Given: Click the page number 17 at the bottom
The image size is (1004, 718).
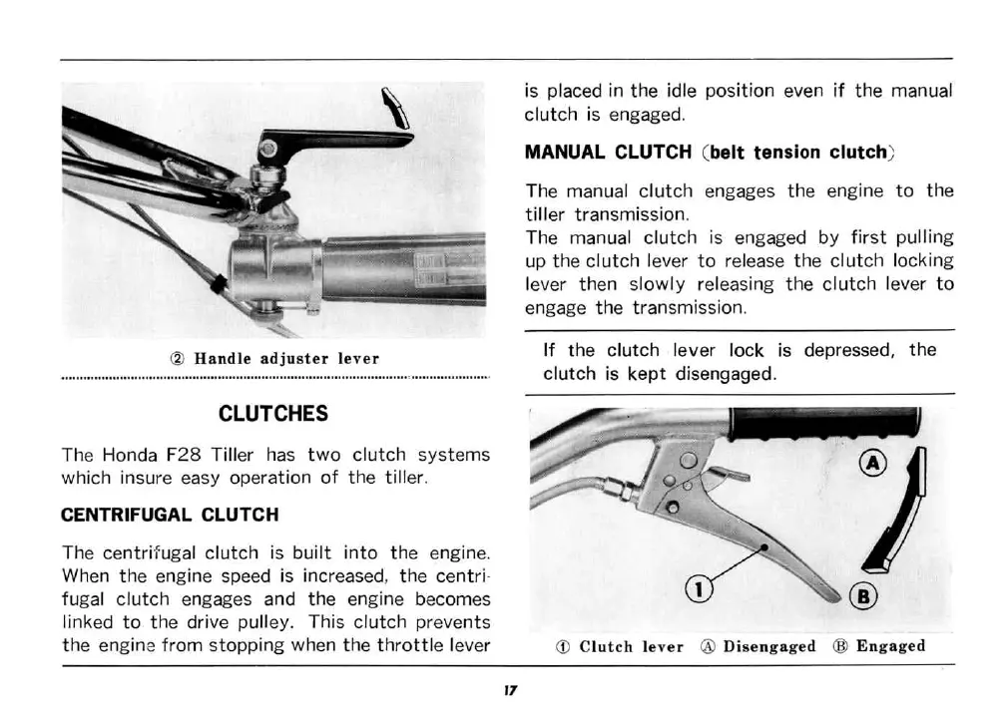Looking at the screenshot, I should coord(508,689).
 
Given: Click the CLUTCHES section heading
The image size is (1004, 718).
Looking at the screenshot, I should coord(272,413).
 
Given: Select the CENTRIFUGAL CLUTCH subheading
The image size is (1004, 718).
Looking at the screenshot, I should coord(170,515).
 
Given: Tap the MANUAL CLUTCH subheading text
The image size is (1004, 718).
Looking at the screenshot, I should coord(608,153).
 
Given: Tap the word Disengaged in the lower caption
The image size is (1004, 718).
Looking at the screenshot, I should coord(768,646).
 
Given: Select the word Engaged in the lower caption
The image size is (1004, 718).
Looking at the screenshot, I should coord(890,646).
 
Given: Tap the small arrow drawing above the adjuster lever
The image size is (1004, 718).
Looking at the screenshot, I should coord(396,108).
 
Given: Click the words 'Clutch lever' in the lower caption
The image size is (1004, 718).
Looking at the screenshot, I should coord(631,646).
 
